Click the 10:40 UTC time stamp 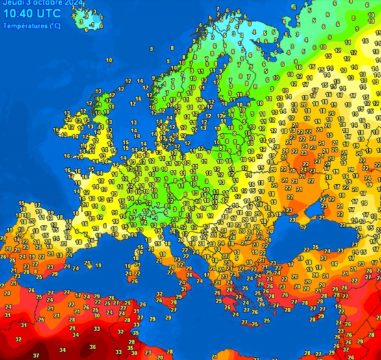point(32,13)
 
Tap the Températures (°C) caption point(32,26)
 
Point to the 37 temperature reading point(37,355)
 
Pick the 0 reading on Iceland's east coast point(101,26)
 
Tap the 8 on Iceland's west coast point(74,16)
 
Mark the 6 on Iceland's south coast point(86,30)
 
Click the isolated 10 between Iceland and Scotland point(109,60)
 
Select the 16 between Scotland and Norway point(138,99)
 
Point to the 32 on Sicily point(160,294)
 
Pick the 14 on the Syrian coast point(338,306)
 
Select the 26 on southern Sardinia point(135,281)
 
